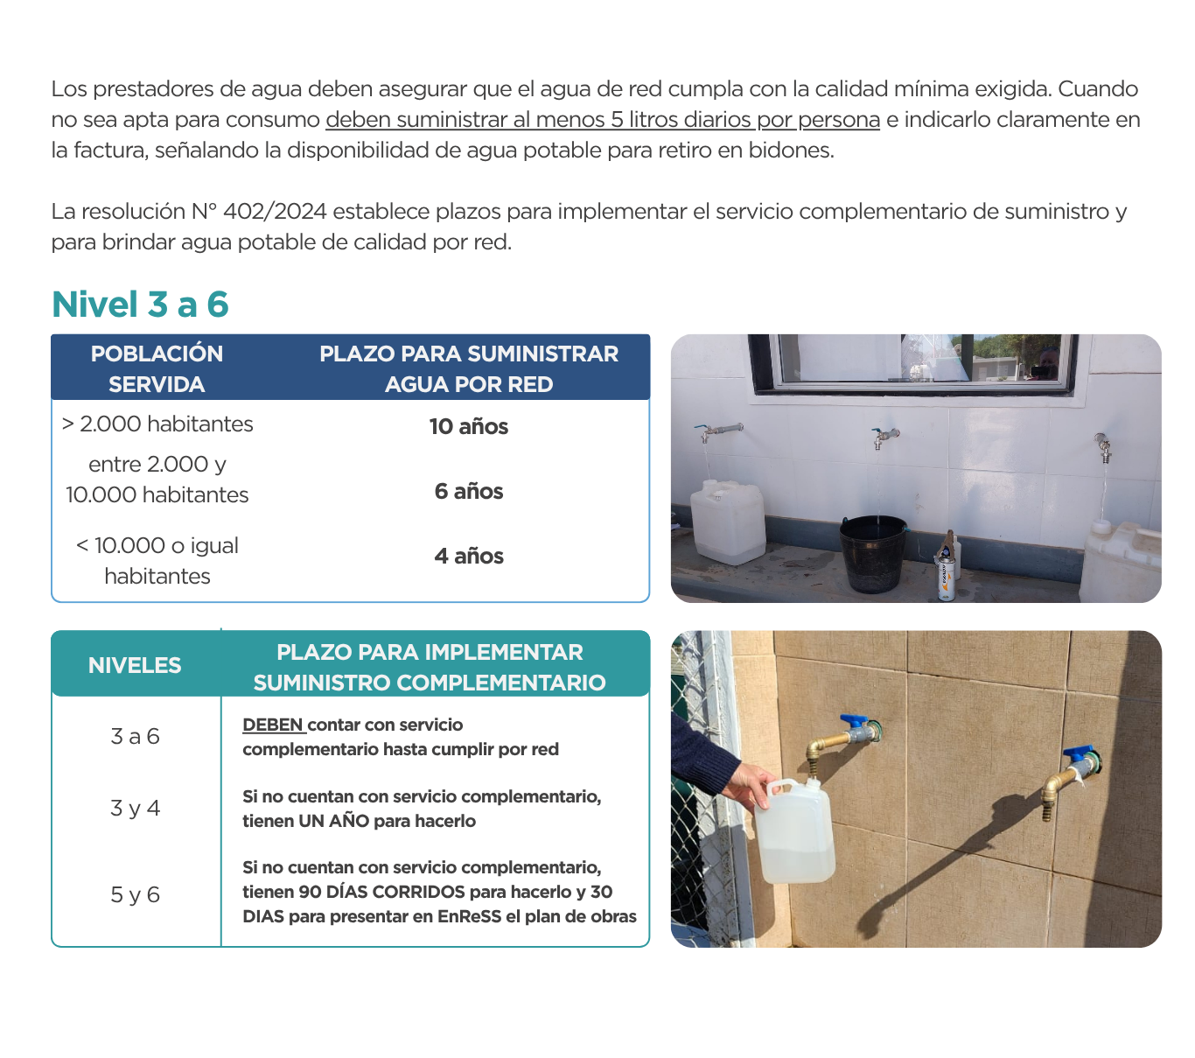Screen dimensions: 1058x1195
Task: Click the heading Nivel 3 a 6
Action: tap(140, 305)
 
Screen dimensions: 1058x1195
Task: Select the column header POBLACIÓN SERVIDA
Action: tap(157, 368)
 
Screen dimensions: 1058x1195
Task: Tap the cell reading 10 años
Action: tap(468, 427)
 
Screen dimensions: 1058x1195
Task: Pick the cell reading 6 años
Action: tap(468, 492)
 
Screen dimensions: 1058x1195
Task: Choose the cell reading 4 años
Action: tap(468, 557)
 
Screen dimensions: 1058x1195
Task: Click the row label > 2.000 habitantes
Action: tap(157, 424)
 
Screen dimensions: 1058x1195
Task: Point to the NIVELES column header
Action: tap(135, 666)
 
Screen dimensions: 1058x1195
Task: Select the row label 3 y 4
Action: tap(135, 809)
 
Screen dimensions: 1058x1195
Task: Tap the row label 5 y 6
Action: tap(135, 895)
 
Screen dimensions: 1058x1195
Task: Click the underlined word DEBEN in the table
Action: tap(272, 725)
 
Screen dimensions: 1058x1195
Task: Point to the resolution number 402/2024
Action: tap(275, 212)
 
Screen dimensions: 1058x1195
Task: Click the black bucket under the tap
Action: tap(873, 553)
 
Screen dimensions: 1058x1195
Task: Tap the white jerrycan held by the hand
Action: tap(794, 831)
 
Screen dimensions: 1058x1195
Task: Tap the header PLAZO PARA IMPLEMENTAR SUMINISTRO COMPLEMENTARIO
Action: tap(429, 667)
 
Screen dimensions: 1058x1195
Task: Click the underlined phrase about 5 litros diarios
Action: tap(602, 120)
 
